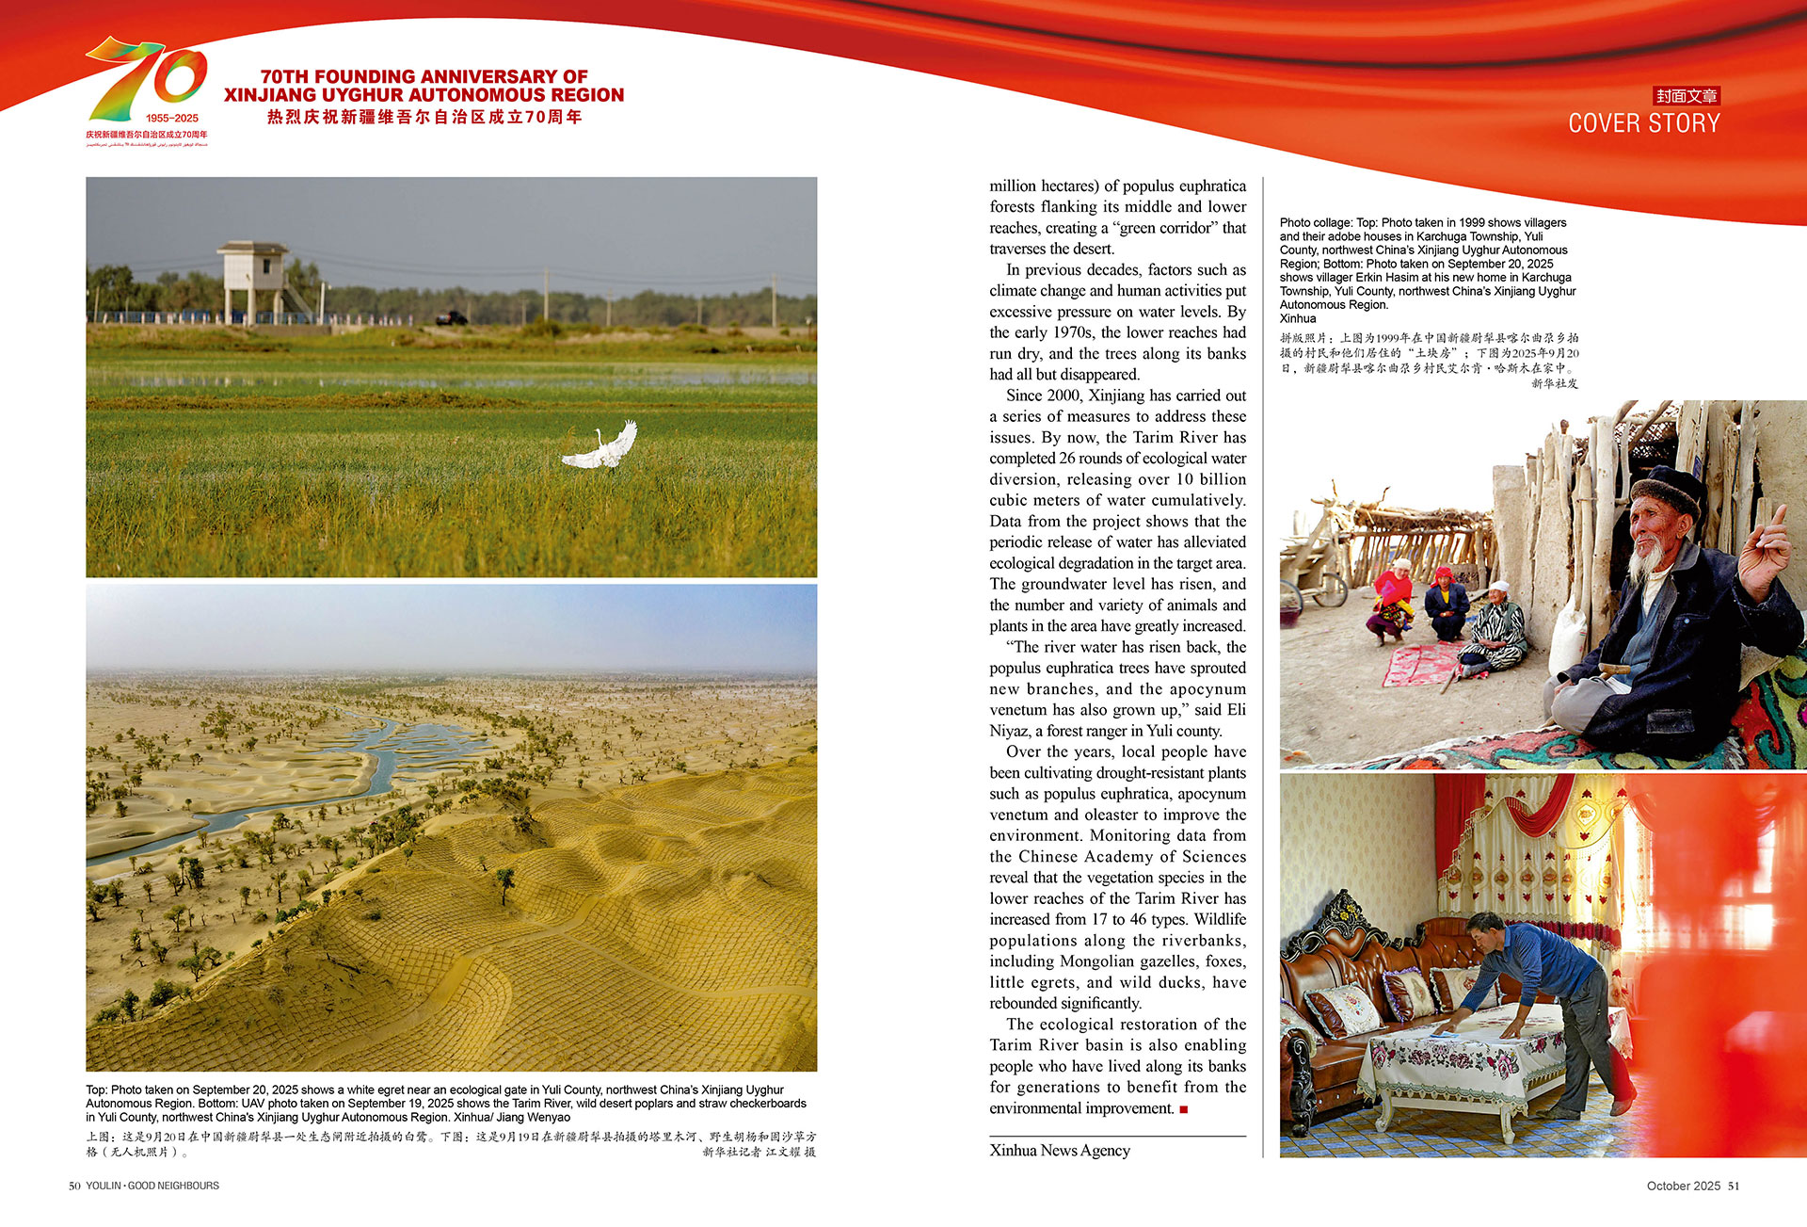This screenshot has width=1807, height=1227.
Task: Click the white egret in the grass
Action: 602,449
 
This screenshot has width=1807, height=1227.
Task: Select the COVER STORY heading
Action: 1643,123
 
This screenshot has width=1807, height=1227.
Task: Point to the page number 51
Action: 1734,1186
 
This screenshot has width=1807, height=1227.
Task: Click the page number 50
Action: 74,1186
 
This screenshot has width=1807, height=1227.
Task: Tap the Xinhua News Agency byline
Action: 1060,1150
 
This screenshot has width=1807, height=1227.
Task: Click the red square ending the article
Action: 1183,1109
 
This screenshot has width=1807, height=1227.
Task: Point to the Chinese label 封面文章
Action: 1687,96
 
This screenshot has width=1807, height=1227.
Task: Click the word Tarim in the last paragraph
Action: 1011,1045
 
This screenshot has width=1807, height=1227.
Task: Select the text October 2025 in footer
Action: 1683,1186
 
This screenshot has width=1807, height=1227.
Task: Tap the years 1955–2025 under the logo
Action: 172,119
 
